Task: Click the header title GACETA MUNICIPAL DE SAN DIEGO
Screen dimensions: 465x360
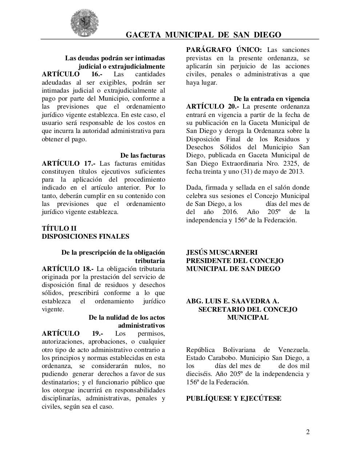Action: [x=203, y=35]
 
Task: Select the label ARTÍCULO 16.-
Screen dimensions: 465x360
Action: [x=72, y=74]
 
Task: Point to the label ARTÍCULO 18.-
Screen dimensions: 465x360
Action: [x=68, y=269]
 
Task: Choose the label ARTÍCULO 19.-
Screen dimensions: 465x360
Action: [x=72, y=333]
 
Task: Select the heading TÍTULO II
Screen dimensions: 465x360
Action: [x=59, y=229]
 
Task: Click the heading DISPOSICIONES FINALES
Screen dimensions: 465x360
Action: [x=85, y=236]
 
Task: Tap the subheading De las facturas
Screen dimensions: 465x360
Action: [x=143, y=155]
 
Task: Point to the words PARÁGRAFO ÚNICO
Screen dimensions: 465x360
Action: [x=224, y=50]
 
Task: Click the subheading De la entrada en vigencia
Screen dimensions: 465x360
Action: [x=271, y=98]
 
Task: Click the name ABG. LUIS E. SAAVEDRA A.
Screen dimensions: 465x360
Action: [x=232, y=301]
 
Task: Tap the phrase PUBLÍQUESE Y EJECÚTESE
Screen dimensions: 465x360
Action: [x=233, y=399]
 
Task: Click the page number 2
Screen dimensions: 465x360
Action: [x=308, y=432]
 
